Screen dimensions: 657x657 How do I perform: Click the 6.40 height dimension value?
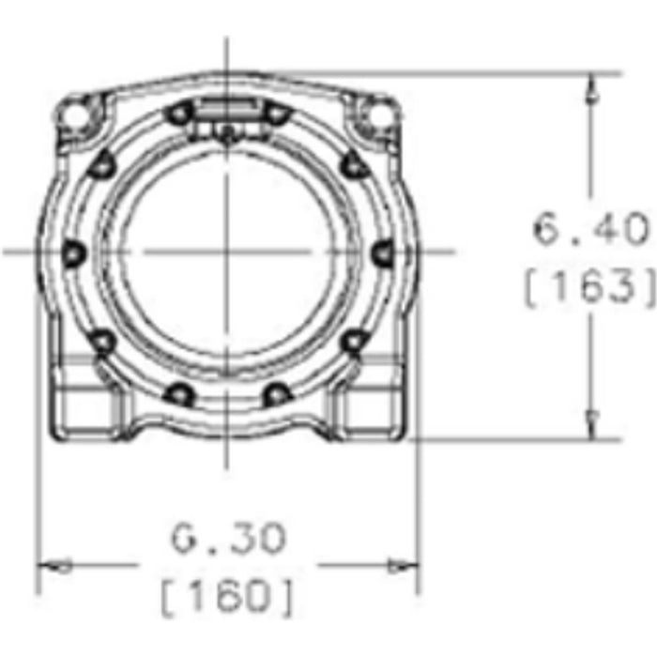tap(590, 229)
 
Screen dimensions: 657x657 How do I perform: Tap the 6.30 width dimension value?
tap(229, 538)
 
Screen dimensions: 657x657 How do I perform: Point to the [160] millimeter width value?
tap(227, 597)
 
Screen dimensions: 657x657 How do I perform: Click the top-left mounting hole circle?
tap(75, 115)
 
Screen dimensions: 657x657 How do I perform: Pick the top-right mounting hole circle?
tap(378, 115)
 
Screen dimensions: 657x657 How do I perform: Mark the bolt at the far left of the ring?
tap(74, 252)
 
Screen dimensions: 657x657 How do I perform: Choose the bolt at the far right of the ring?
tap(383, 252)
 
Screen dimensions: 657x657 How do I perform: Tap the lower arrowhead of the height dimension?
tap(591, 425)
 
